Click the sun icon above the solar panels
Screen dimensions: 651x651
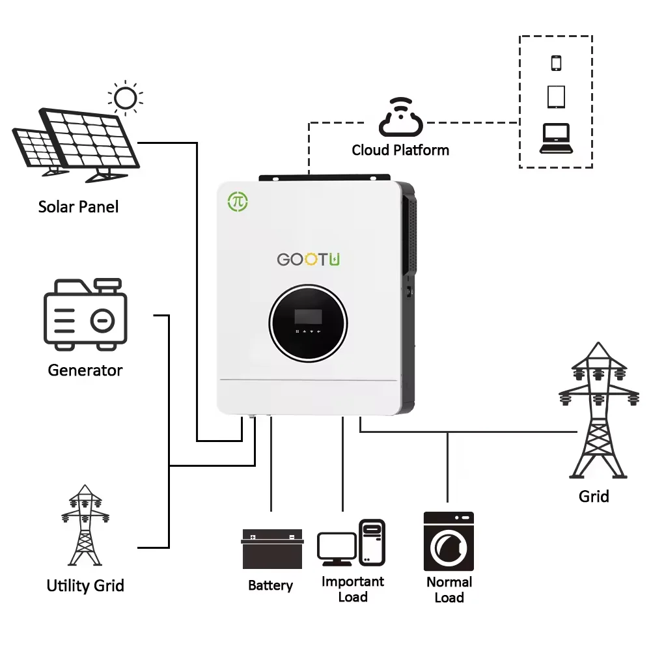[125, 99]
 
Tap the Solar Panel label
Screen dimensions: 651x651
[79, 207]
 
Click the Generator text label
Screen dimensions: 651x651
[85, 370]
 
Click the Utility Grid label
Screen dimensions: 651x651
[85, 585]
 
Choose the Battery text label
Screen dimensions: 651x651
[270, 585]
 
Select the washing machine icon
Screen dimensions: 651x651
[449, 542]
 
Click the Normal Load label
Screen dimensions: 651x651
[449, 590]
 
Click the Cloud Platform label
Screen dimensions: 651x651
[400, 150]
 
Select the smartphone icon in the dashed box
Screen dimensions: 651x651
[556, 63]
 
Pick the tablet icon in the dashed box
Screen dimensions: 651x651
[556, 97]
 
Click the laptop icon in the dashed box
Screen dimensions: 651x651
[556, 138]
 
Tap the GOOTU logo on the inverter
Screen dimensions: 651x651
[309, 259]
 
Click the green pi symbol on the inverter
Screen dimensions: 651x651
[238, 201]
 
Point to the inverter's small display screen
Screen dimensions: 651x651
[308, 316]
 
